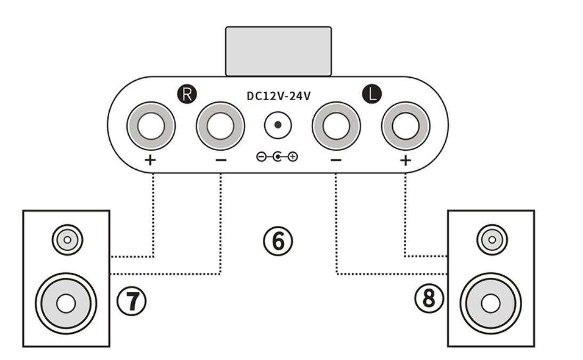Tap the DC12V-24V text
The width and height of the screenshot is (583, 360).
pyautogui.click(x=279, y=96)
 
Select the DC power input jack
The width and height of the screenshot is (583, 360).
pyautogui.click(x=278, y=125)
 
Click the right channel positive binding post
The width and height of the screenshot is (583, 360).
pyautogui.click(x=151, y=126)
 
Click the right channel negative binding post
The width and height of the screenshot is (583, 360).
pyautogui.click(x=221, y=126)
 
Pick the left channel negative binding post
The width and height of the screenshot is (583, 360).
pyautogui.click(x=336, y=126)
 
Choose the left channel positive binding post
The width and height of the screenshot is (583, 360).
pyautogui.click(x=406, y=126)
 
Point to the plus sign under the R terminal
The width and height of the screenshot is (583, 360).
pyautogui.click(x=150, y=160)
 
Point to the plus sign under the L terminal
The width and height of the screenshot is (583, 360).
pyautogui.click(x=405, y=160)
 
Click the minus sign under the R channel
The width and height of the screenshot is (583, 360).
pyautogui.click(x=221, y=160)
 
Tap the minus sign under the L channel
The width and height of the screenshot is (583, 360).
pyautogui.click(x=336, y=160)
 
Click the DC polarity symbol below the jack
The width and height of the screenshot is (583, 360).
pyautogui.click(x=277, y=157)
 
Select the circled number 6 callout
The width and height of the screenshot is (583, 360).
pyautogui.click(x=278, y=241)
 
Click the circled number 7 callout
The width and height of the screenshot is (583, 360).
pyautogui.click(x=132, y=301)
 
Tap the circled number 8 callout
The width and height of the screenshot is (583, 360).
pyautogui.click(x=429, y=298)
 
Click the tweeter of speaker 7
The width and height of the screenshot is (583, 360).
pyautogui.click(x=67, y=240)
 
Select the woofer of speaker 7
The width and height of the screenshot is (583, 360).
pyautogui.click(x=66, y=304)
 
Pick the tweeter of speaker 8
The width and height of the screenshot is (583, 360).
pyautogui.click(x=492, y=240)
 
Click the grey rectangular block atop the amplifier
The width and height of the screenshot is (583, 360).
pyautogui.click(x=279, y=51)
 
